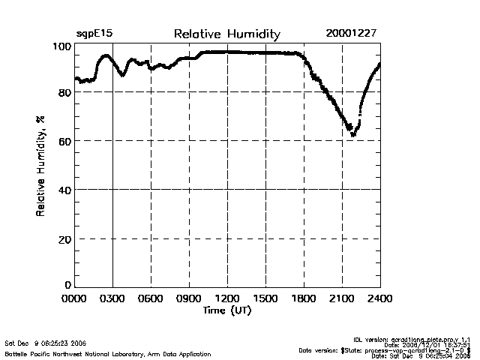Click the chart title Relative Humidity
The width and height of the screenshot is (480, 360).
pos(226,34)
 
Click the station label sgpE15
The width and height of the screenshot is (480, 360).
pos(94,34)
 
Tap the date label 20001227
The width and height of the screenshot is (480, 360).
pos(351,34)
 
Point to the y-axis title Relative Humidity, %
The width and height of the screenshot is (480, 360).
pos(40,166)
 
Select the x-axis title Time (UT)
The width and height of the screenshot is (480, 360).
pos(226,310)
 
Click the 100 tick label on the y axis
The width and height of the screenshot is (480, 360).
pos(61,46)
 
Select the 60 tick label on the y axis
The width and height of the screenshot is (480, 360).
pos(64,141)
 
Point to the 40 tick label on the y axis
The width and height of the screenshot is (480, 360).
pos(64,190)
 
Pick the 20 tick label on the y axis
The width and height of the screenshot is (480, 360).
pos(64,238)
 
